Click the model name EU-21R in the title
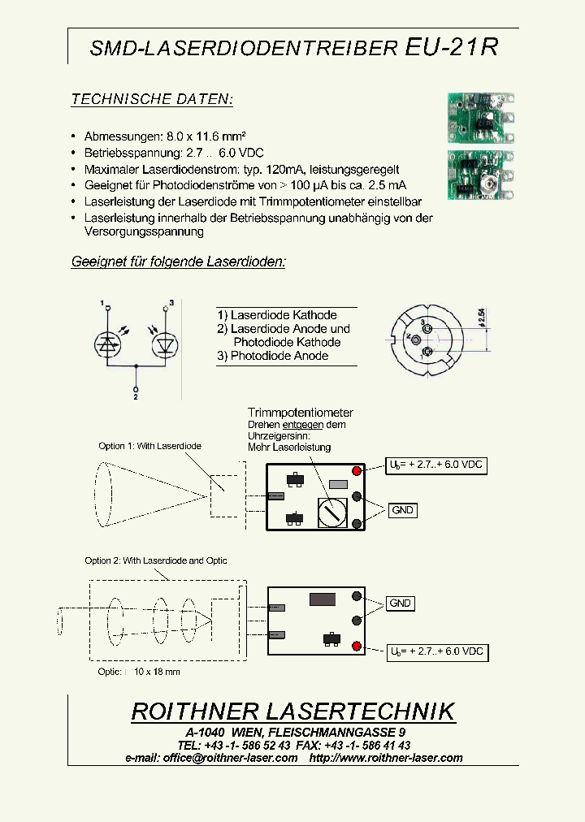pos(451,47)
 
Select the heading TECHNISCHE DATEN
pos(152,100)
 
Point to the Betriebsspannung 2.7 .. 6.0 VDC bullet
pos(174,153)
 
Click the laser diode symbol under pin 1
pos(107,344)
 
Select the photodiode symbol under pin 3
pos(165,344)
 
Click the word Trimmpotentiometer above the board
pos(301,413)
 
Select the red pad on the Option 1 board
pos(357,471)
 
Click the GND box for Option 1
pos(402,510)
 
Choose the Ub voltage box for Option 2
pos(437,651)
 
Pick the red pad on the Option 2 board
pos(356,646)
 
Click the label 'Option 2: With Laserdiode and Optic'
pos(156,560)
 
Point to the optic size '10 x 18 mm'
pos(157,672)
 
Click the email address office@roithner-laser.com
pos(230,758)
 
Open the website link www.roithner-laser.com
pos(386,758)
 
